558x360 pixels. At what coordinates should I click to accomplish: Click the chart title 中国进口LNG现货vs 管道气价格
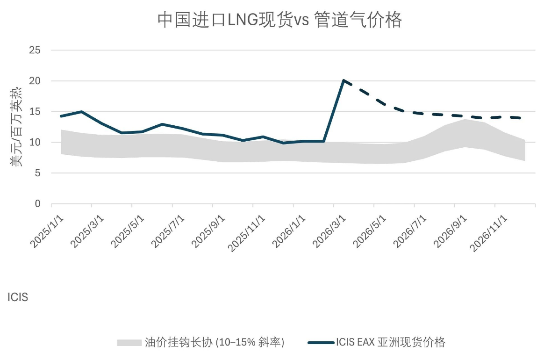279,20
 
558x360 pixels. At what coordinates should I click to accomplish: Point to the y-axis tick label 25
35,50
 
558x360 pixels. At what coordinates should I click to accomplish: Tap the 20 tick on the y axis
35,81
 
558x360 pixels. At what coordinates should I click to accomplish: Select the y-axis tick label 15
35,112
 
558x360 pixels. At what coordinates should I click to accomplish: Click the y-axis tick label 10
35,142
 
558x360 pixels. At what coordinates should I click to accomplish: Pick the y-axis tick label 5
38,173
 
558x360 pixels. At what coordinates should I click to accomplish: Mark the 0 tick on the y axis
38,204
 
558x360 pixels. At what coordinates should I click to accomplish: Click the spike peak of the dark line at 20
343,80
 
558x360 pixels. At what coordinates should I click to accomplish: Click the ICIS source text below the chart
18,297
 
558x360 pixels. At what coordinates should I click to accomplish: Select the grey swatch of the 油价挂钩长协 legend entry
129,343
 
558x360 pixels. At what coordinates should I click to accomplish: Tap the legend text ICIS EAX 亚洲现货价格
390,342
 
